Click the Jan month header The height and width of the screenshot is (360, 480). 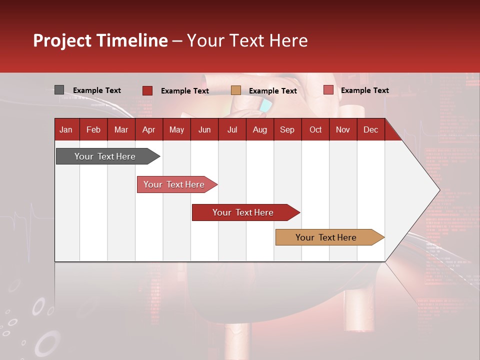tap(66, 129)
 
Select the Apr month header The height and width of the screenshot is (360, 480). tap(148, 129)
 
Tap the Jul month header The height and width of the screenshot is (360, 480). tap(232, 129)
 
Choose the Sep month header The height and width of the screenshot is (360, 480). tap(287, 129)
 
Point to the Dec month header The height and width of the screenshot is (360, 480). tap(370, 129)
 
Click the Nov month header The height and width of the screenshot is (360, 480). tap(342, 129)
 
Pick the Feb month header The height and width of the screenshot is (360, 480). tap(93, 129)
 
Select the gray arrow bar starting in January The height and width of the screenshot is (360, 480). tap(105, 156)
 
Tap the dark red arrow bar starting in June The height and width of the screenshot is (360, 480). tap(243, 212)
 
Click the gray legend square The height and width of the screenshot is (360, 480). tap(59, 90)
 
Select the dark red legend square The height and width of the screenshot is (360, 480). tap(147, 90)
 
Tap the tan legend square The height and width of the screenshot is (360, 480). tap(236, 90)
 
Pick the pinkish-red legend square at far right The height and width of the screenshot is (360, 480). tap(328, 90)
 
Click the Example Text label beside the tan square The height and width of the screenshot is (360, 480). tap(272, 90)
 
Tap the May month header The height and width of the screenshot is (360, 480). tap(176, 129)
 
